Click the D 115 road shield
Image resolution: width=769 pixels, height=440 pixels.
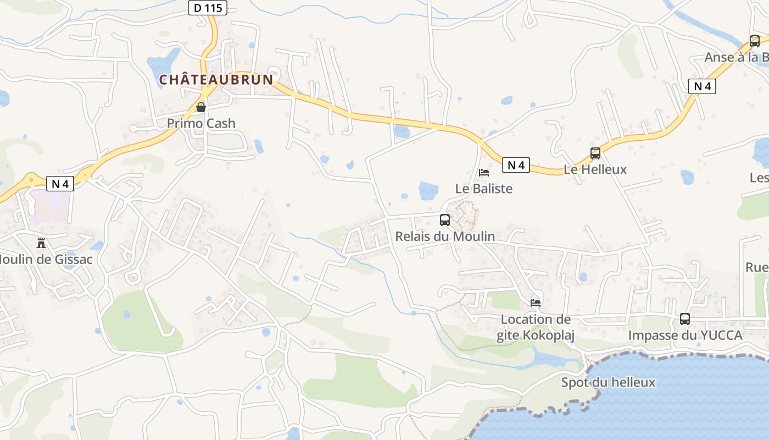(x=208, y=7)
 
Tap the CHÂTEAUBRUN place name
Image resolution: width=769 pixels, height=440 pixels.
(x=216, y=80)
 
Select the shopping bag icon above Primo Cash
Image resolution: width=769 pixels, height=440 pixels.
(x=201, y=107)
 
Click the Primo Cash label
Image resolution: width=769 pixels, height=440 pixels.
(x=201, y=123)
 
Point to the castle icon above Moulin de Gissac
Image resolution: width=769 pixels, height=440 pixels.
(x=40, y=243)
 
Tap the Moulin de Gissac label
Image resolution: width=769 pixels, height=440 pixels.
(x=46, y=259)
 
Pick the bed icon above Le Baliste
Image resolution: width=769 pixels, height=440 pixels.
(x=484, y=173)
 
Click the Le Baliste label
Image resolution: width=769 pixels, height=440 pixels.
(x=484, y=189)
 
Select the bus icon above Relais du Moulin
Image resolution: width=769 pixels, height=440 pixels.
(x=445, y=220)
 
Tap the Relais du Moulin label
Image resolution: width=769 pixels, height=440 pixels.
(x=445, y=237)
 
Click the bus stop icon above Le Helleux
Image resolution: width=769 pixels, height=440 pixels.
(x=595, y=153)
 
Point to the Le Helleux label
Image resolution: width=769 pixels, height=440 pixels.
(x=595, y=169)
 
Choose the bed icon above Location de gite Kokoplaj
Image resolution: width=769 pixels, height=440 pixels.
(x=536, y=302)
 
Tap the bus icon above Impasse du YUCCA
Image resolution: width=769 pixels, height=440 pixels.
(x=685, y=318)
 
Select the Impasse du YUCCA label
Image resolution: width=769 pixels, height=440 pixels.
(x=685, y=335)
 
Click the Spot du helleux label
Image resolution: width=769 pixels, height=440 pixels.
(x=609, y=382)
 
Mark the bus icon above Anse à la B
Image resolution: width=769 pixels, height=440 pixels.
(x=755, y=41)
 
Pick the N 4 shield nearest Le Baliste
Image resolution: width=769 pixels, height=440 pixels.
(x=516, y=165)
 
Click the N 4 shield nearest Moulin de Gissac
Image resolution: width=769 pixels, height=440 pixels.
(x=60, y=184)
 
